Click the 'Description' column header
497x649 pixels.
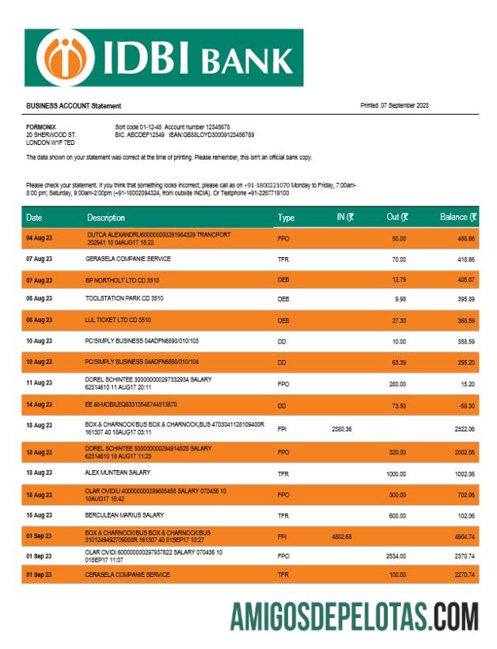pyautogui.click(x=106, y=218)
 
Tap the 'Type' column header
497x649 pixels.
pyautogui.click(x=286, y=218)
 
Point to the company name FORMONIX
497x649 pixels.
pyautogui.click(x=41, y=127)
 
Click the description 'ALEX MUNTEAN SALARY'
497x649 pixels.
pyautogui.click(x=120, y=473)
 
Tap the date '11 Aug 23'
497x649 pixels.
pyautogui.click(x=39, y=383)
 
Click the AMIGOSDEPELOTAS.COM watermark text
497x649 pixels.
pyautogui.click(x=354, y=616)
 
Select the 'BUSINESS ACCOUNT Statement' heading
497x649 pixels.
pyautogui.click(x=74, y=106)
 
